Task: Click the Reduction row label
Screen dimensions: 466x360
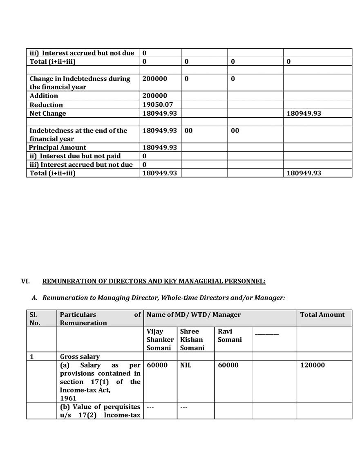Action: click(x=46, y=105)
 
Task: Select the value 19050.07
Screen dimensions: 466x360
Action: click(x=158, y=105)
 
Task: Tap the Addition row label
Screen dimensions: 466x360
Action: click(x=44, y=96)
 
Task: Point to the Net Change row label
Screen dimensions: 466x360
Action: click(x=48, y=113)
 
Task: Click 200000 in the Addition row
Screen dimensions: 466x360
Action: click(x=155, y=96)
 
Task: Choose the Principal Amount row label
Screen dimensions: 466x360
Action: click(x=58, y=147)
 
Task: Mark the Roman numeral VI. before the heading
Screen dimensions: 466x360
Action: click(x=25, y=281)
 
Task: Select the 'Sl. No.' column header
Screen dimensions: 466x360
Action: click(x=35, y=318)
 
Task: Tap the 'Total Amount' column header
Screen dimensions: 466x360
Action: click(x=322, y=314)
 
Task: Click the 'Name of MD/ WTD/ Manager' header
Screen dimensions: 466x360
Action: click(x=194, y=314)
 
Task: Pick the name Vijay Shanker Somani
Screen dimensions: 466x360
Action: click(x=159, y=339)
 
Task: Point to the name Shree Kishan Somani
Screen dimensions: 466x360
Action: click(x=192, y=339)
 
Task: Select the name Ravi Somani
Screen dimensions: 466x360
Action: click(x=230, y=335)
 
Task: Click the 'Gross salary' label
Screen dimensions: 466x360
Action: click(x=80, y=356)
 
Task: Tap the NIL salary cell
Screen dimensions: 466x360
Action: click(x=186, y=365)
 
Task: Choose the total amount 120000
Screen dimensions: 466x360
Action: click(x=313, y=365)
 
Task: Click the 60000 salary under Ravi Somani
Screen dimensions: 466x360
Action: click(x=228, y=365)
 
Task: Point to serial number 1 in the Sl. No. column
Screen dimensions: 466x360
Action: click(x=31, y=356)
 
